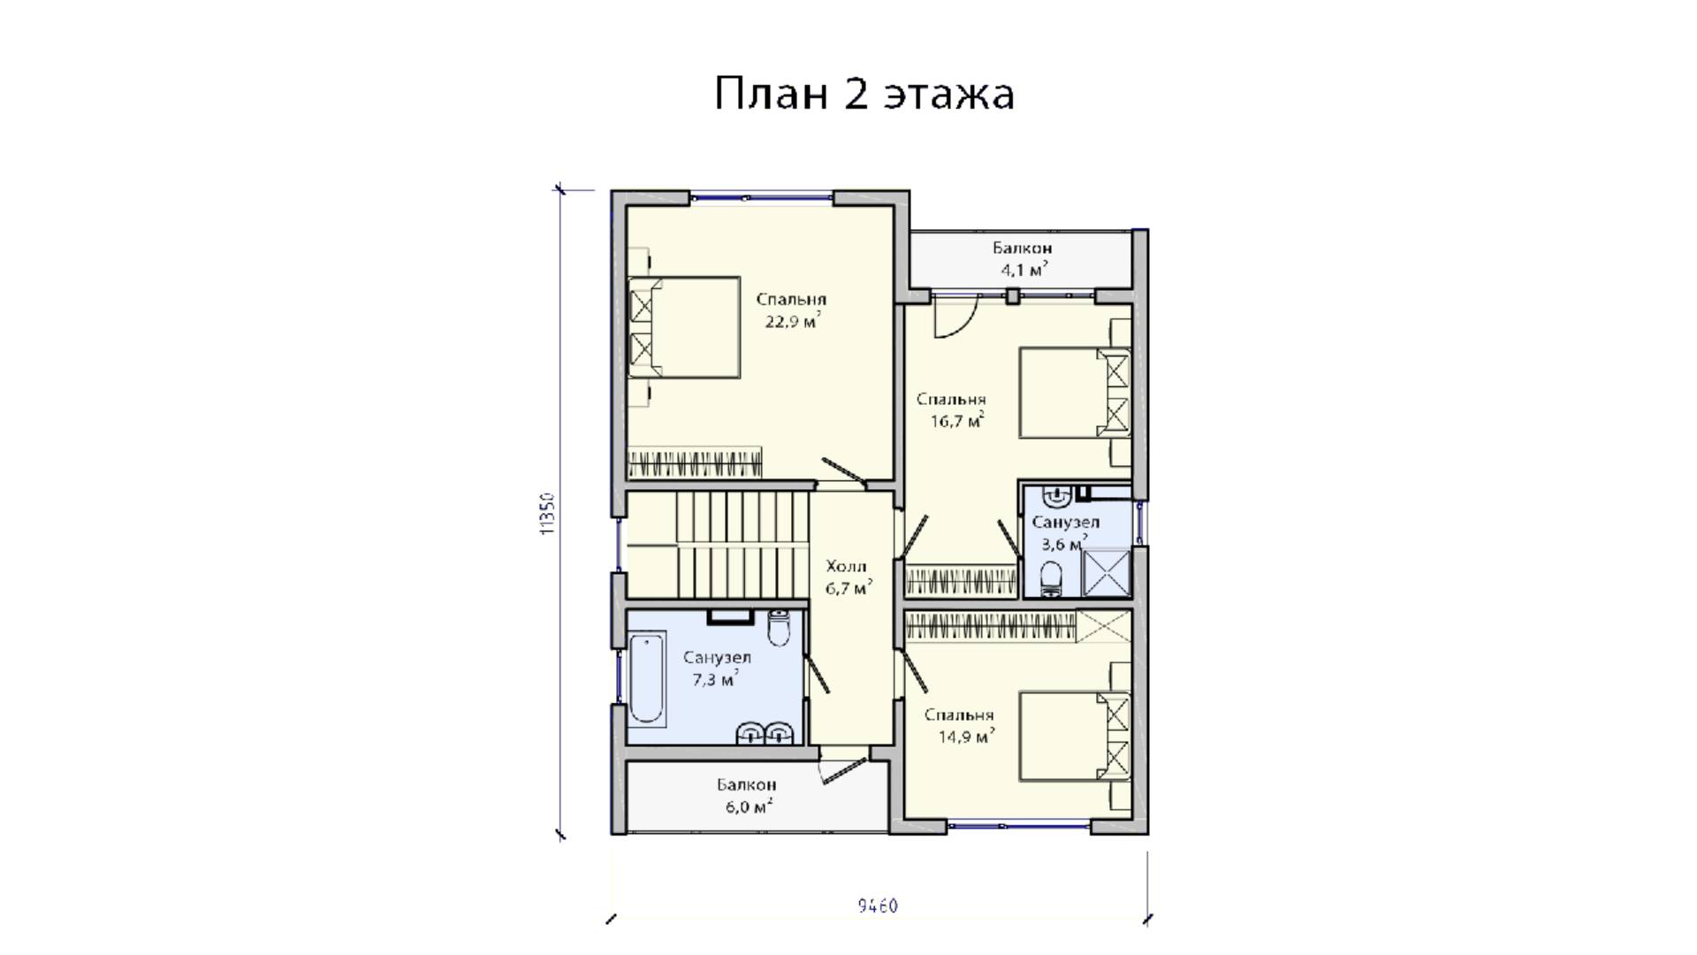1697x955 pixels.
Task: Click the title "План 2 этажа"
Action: tap(864, 94)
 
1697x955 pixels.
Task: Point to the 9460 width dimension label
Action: tap(878, 905)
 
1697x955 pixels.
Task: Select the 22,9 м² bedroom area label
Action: tap(792, 320)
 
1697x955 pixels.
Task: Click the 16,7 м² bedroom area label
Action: tap(957, 421)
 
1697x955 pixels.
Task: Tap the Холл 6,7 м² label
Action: tap(848, 577)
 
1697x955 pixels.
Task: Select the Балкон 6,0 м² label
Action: tap(747, 795)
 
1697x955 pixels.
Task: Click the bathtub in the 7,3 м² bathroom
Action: tap(647, 676)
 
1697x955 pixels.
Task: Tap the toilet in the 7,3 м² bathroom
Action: tap(779, 627)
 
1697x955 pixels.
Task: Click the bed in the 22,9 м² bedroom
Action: tap(683, 328)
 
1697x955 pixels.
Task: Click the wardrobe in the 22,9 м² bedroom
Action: tap(695, 463)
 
